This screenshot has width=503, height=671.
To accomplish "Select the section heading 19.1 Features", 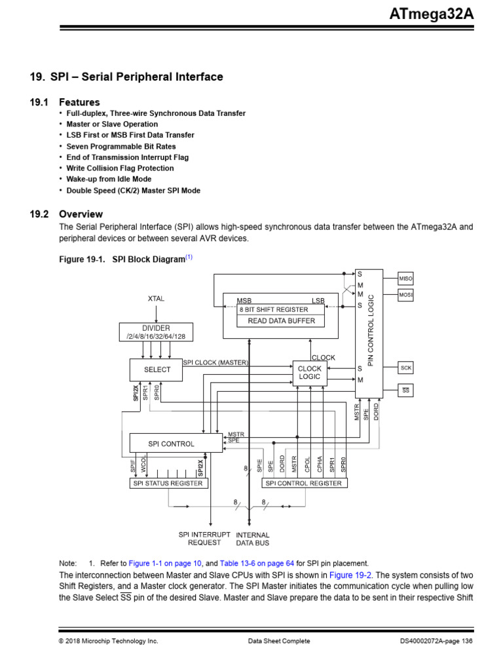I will pos(79,102).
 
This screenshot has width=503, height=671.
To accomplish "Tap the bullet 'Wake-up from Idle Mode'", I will pos(109,179).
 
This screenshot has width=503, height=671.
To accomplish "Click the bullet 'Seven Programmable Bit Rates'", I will pos(121,146).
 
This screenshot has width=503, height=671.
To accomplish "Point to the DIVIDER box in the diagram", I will pos(156,332).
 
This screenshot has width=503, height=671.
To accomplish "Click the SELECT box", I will pos(157,370).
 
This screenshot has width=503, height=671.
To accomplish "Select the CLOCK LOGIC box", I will pos(310,373).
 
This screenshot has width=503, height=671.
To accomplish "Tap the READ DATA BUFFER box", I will pos(281,321).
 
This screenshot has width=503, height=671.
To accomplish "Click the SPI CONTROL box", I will pos(172,444).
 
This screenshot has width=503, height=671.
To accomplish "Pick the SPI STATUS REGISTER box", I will pos(169,484).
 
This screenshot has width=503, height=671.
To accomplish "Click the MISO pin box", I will pos(406,278).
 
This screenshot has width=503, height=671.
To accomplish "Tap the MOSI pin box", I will pos(406,296).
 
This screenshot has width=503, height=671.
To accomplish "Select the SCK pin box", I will pos(406,368).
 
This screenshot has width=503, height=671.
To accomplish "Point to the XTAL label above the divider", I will pos(156,299).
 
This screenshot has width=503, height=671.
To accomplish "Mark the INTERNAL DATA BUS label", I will pos(252,539).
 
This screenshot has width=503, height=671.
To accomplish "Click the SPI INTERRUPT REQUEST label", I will pos(204,539).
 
